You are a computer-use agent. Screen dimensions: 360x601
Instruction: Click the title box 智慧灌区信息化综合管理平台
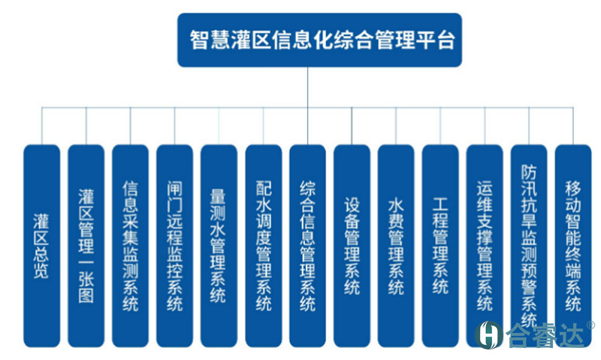pyautogui.click(x=319, y=40)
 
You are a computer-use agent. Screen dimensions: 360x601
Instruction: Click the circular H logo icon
pyautogui.click(x=491, y=334)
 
